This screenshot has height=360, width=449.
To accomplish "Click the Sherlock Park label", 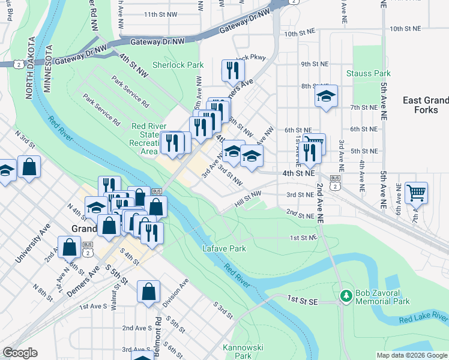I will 178,65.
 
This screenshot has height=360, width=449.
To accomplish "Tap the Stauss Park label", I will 369,74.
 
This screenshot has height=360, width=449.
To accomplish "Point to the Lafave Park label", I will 224,248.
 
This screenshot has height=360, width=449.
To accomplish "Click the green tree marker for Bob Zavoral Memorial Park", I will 346,296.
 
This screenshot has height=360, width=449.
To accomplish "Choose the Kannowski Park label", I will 244,347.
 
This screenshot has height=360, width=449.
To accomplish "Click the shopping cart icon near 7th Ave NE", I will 416,193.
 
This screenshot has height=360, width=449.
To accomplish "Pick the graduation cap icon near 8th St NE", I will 326,96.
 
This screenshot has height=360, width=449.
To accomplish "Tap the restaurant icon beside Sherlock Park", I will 231,70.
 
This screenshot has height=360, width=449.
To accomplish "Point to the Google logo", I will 20,353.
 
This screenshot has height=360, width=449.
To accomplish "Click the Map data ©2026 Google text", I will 412,355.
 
